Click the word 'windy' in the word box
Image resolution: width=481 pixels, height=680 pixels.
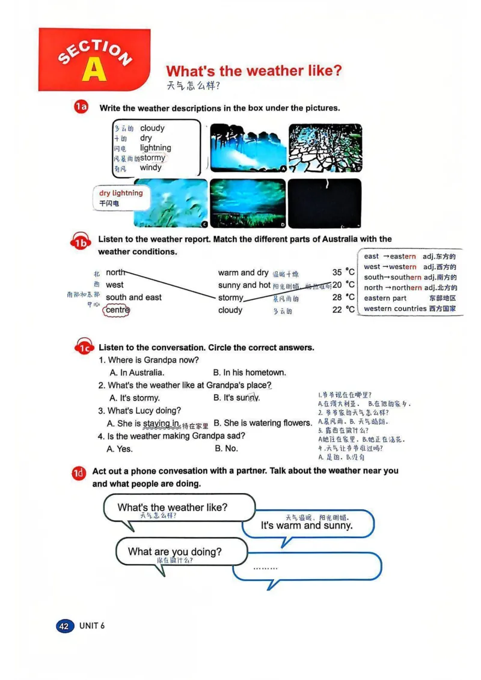click(150, 168)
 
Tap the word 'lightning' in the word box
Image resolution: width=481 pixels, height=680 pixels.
click(155, 148)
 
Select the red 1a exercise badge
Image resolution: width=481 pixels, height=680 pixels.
click(81, 108)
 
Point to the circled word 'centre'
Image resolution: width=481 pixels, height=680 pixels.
click(117, 310)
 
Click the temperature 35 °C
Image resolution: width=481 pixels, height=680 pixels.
click(343, 272)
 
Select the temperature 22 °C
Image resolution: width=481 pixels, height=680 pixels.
click(343, 309)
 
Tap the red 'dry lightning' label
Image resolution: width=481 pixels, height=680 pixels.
click(121, 193)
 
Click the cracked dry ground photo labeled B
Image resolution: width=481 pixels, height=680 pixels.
click(325, 148)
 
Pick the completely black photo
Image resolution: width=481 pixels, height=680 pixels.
click(325, 203)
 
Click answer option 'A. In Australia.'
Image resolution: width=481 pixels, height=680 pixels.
click(137, 372)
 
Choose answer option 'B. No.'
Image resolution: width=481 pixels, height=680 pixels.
click(226, 448)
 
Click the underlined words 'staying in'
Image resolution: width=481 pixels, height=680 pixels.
click(161, 423)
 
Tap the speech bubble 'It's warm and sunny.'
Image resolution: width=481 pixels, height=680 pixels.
click(307, 526)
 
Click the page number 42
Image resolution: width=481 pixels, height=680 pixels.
click(64, 626)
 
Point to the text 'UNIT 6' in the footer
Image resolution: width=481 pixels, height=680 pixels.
click(92, 626)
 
